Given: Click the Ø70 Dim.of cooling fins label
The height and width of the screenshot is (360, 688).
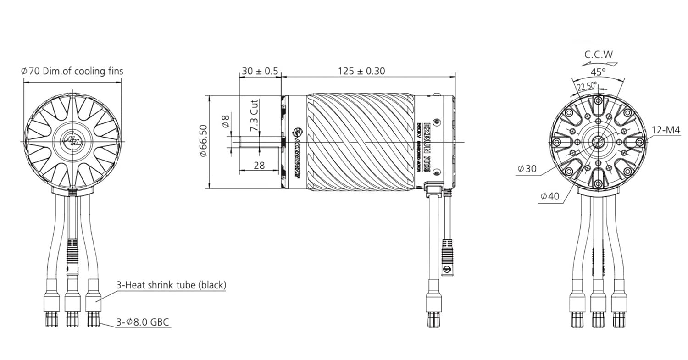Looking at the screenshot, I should coord(72,71).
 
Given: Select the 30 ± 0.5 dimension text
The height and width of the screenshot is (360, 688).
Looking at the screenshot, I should coord(260,71).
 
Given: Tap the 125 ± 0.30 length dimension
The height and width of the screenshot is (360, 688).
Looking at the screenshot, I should coord(361,71).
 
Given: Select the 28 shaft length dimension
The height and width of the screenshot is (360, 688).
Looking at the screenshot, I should coord(259,166).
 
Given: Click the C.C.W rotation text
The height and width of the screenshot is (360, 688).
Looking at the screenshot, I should coord(598,54).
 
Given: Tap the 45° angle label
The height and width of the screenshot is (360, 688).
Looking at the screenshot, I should coord(598,72).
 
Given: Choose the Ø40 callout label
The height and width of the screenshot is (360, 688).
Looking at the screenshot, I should coord(550,196).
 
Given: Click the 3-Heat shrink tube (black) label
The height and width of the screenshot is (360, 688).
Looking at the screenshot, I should coord(171,285).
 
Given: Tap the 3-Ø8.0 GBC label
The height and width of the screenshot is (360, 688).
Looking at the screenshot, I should coord(143,322).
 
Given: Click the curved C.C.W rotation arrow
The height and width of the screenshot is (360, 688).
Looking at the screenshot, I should coord(599,64).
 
